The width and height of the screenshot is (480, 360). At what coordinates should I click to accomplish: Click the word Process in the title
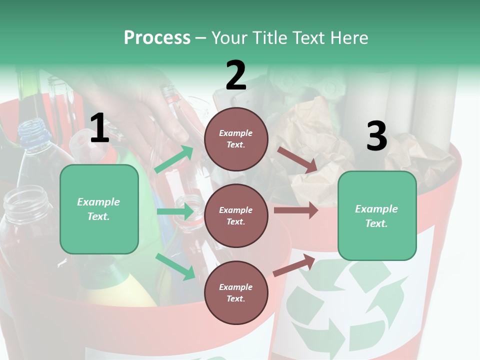(157, 38)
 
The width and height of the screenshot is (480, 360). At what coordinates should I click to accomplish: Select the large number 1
(99, 128)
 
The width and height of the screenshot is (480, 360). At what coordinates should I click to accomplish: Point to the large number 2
(236, 75)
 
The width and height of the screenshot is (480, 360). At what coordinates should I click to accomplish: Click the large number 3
(376, 136)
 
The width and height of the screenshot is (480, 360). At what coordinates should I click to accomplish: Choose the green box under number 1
(99, 209)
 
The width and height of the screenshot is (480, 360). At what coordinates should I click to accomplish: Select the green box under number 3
(377, 215)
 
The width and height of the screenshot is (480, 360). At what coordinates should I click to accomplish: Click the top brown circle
(236, 139)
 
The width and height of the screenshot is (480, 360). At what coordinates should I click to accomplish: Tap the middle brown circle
(236, 215)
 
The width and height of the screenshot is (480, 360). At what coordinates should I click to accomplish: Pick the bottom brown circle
(236, 292)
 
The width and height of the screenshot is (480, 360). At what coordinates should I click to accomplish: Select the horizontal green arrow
(175, 211)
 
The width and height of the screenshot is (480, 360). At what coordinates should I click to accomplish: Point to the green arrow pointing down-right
(175, 266)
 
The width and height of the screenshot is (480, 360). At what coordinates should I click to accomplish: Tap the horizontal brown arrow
(296, 210)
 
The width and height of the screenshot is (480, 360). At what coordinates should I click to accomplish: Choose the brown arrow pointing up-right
(294, 265)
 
